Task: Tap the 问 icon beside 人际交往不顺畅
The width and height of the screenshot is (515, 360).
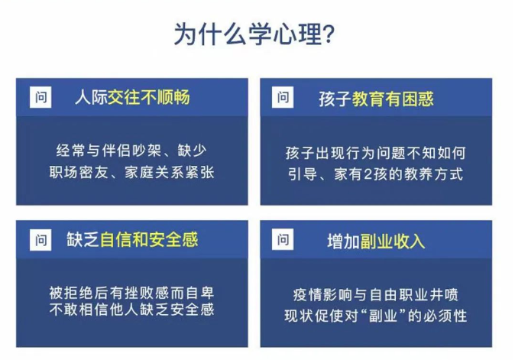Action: click(x=40, y=98)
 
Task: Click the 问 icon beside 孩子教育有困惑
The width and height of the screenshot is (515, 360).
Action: click(x=283, y=98)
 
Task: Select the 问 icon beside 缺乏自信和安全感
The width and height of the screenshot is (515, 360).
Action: click(x=40, y=240)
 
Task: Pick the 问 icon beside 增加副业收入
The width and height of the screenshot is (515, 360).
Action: click(x=283, y=240)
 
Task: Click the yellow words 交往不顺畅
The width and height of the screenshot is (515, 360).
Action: click(x=149, y=98)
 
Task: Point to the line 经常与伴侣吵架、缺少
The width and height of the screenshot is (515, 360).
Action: click(x=132, y=150)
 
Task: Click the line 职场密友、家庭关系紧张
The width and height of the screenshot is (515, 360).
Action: click(x=132, y=172)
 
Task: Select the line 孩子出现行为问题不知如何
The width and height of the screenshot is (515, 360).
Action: click(x=374, y=151)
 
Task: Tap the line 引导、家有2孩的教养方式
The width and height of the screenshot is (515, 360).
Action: click(x=374, y=174)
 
